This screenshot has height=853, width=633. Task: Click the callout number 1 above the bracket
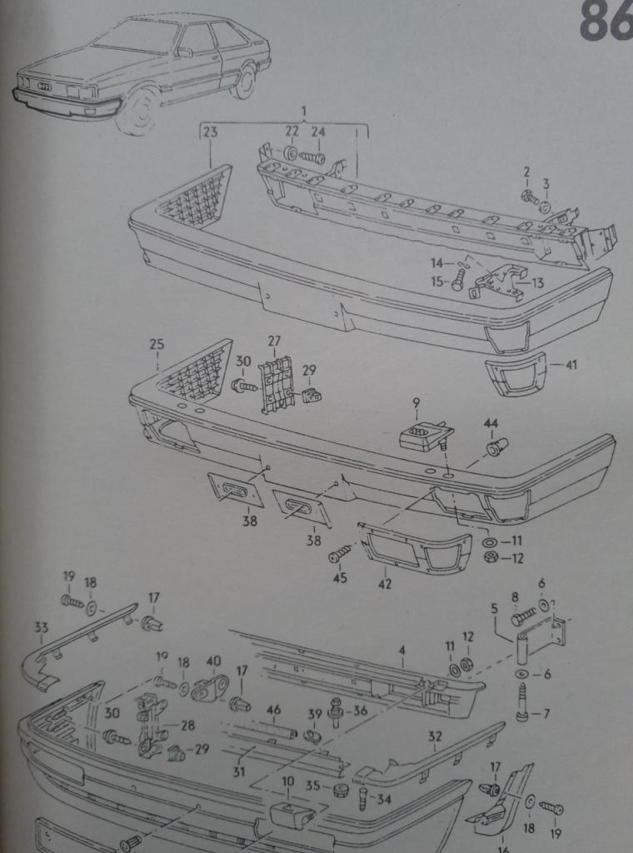[x=303, y=112]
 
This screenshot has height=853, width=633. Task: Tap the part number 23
[x=210, y=132]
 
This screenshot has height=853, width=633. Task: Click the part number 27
[x=274, y=341]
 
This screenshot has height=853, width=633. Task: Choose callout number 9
[x=416, y=403]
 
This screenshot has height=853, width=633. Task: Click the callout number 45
[x=340, y=578]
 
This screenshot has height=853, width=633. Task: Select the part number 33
[x=42, y=628]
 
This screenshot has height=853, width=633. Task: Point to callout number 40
[x=214, y=661]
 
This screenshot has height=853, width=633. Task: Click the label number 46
[x=274, y=710]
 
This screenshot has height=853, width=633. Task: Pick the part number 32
[x=435, y=736]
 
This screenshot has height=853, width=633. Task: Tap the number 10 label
[x=287, y=781]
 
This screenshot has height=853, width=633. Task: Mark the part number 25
[x=157, y=344]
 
